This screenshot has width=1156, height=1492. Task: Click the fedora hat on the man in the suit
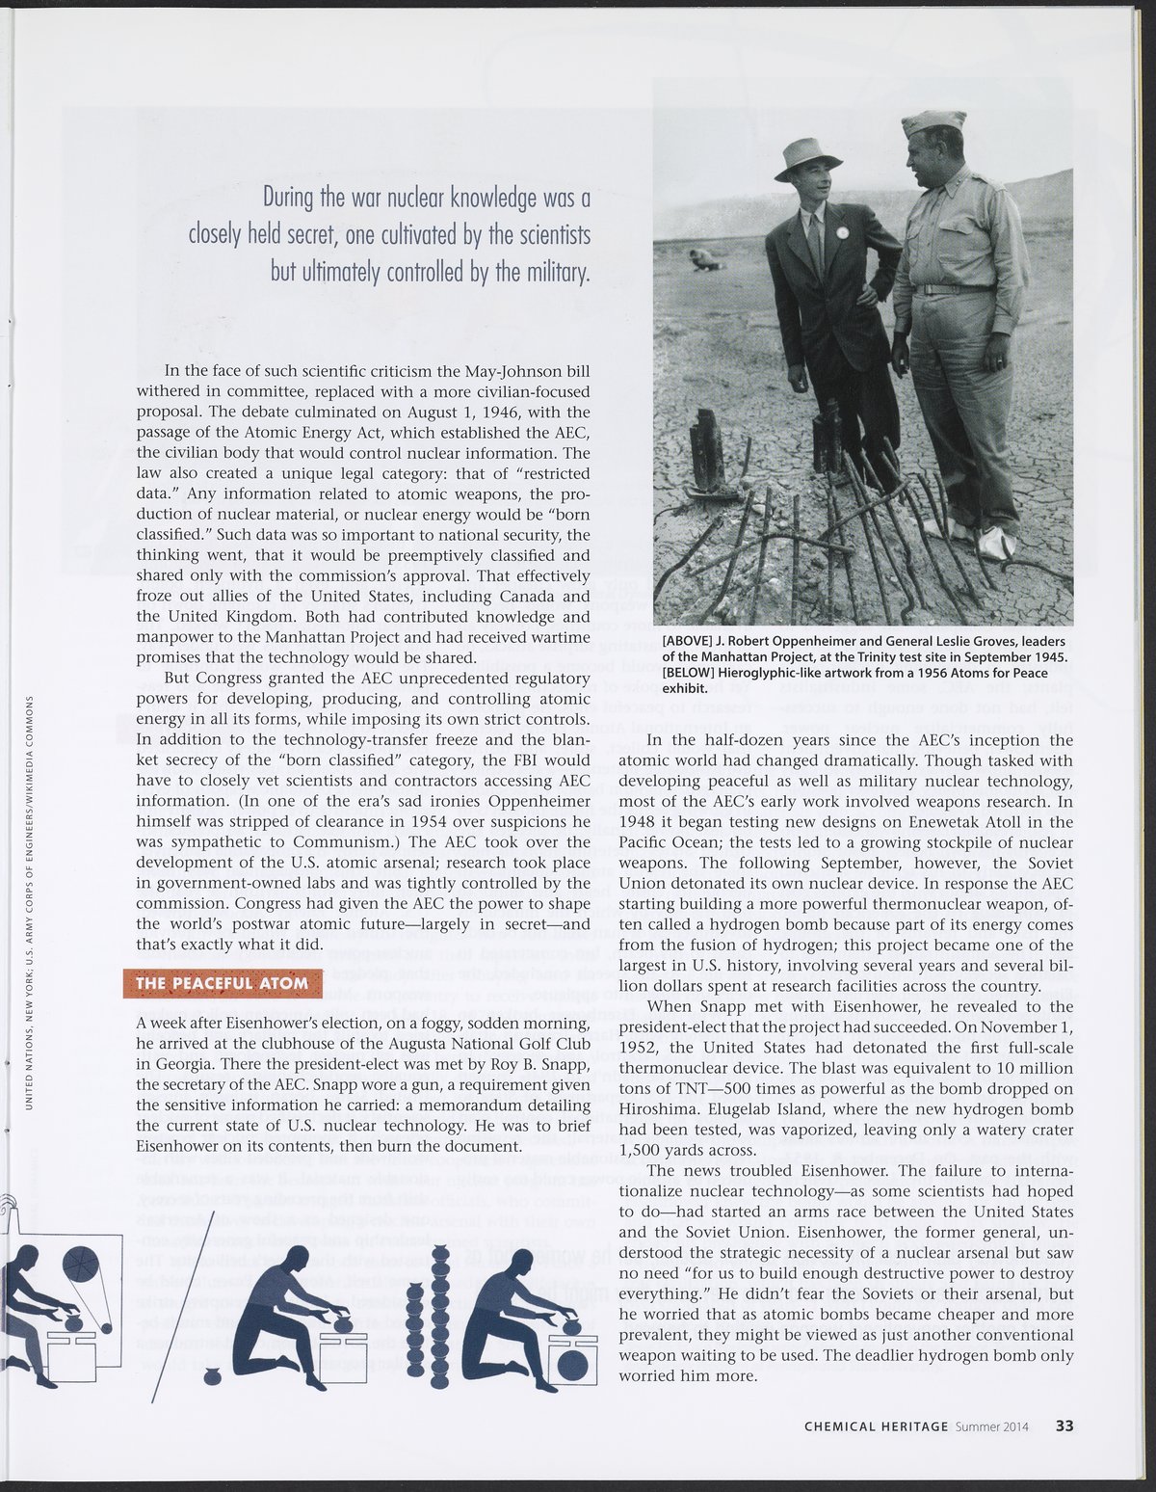click(806, 156)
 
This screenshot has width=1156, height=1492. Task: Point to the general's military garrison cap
click(933, 122)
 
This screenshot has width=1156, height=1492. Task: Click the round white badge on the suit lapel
click(841, 232)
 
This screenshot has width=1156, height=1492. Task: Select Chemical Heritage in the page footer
click(877, 1425)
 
